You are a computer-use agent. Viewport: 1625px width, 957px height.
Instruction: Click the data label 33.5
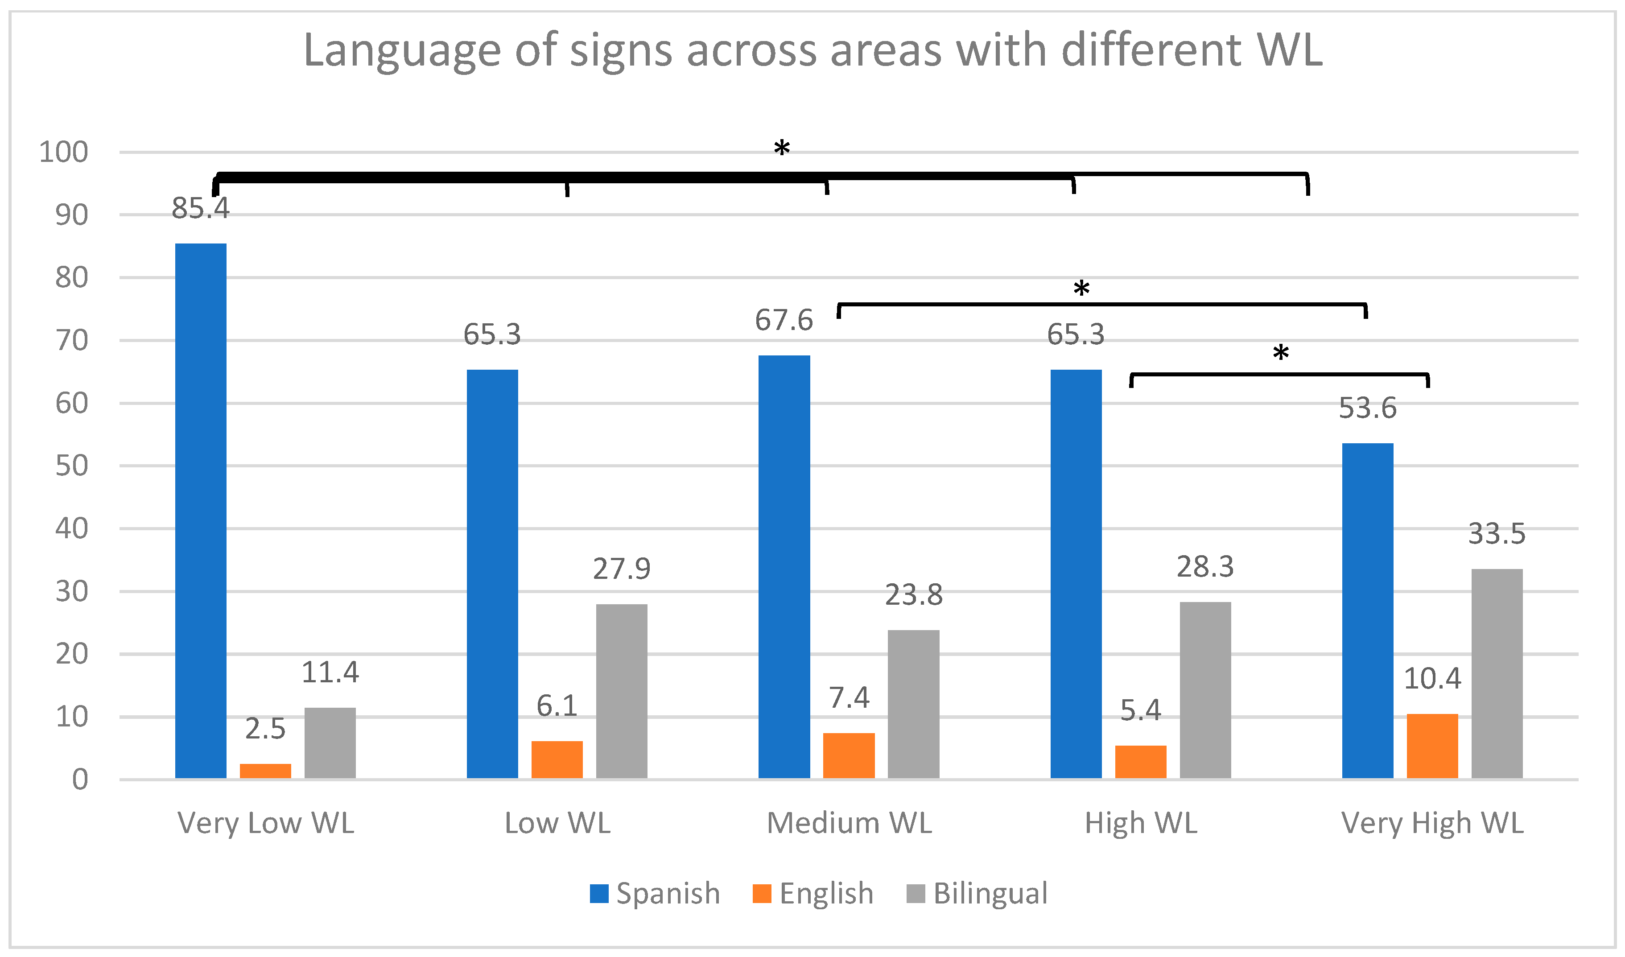tap(1497, 534)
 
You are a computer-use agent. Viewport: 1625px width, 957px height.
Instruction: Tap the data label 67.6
tap(784, 321)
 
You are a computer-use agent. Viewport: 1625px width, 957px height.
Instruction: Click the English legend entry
tap(814, 894)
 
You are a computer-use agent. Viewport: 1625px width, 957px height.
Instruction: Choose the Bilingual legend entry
tap(977, 894)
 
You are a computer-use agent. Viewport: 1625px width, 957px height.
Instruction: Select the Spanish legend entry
tap(655, 894)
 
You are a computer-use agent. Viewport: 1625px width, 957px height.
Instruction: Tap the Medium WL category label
tap(849, 824)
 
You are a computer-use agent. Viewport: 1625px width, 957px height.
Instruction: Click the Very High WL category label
tap(1432, 824)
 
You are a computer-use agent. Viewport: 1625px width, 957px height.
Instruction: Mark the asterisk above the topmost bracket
tap(782, 149)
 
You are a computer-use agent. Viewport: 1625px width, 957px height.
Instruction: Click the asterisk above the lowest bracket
tap(1281, 353)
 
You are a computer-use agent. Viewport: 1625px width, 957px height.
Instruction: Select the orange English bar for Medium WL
tap(849, 756)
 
